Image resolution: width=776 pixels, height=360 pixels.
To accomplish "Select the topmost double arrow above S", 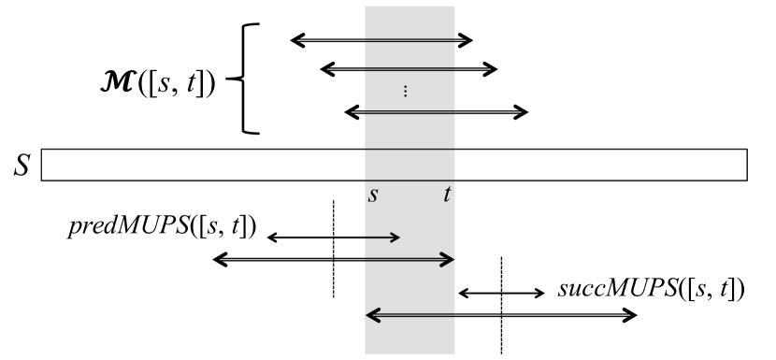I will [x=382, y=39].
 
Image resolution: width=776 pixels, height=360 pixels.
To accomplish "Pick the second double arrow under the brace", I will [x=409, y=68].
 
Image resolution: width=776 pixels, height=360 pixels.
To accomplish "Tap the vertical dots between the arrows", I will [x=406, y=91].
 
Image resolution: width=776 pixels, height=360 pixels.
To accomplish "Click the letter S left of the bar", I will [x=22, y=166].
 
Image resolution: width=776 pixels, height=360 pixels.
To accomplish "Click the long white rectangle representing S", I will [x=394, y=165].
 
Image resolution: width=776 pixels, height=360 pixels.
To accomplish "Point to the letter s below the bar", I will [x=372, y=195].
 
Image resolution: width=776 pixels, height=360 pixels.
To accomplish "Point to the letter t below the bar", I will [x=448, y=195].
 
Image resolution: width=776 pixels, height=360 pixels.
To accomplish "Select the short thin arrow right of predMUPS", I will [x=334, y=238].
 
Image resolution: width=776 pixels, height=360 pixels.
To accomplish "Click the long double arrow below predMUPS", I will [x=334, y=259].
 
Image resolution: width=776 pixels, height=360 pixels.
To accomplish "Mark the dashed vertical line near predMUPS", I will [x=334, y=281].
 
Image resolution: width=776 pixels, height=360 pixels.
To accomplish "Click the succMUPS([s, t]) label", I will [x=651, y=287].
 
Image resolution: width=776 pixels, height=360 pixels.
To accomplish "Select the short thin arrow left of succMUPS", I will [x=501, y=294].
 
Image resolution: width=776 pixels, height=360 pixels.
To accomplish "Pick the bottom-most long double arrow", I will [x=501, y=314].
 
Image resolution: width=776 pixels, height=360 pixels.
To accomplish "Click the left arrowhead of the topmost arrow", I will [x=295, y=39].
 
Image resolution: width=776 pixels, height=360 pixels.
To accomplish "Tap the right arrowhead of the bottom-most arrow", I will [x=633, y=314].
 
